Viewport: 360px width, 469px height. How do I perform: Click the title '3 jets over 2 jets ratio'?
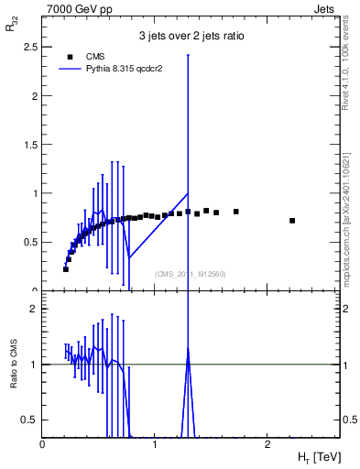pos(191,38)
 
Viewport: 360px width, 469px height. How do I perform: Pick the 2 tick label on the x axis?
pos(267,445)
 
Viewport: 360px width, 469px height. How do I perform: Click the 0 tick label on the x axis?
pos(43,445)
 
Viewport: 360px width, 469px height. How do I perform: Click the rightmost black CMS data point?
pos(292,221)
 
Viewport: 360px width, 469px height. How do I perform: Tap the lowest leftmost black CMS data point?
pos(66,269)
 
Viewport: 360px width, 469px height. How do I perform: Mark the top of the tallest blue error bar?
pos(188,55)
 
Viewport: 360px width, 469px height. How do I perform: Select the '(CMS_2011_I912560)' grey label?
pos(191,274)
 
